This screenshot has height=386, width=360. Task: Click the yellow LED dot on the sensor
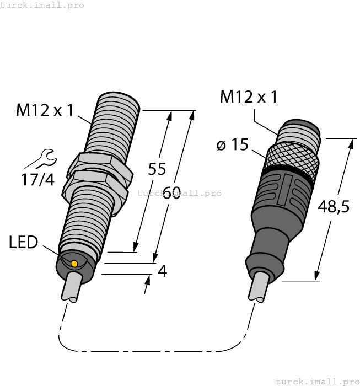tap(74, 264)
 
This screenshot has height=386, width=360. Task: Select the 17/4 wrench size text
tap(37, 179)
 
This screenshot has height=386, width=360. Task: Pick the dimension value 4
tap(162, 271)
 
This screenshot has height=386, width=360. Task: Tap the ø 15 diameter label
tap(232, 146)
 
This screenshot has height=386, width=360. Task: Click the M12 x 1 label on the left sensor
tap(45, 111)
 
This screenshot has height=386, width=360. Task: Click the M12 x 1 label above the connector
tap(249, 97)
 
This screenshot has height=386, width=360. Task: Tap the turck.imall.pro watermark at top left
tap(42, 5)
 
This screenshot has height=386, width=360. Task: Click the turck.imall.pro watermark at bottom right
tap(317, 381)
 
